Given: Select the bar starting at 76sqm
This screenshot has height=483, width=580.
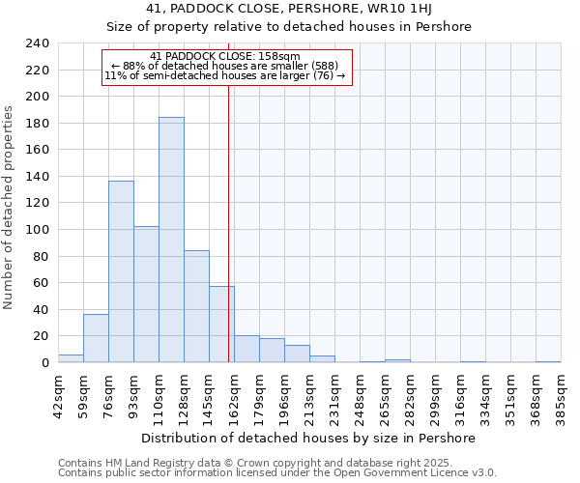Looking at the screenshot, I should tap(121, 271).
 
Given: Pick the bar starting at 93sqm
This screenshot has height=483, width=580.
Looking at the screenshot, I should tap(146, 295).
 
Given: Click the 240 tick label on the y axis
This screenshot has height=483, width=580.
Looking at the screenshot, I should tap(36, 43).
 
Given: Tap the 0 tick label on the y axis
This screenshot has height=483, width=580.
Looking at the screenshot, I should tap(43, 362).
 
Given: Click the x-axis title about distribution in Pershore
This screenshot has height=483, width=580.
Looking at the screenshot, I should tap(308, 439).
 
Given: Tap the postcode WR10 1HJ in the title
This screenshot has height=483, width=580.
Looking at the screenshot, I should tap(404, 9).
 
